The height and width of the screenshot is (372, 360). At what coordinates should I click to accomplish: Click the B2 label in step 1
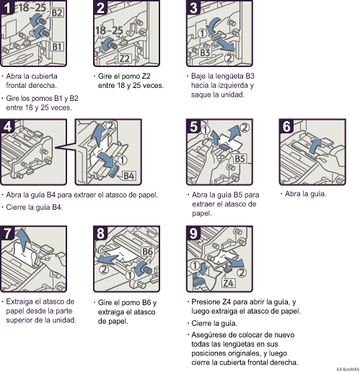(57, 13)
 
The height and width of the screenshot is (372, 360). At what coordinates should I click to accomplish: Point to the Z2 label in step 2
(125, 58)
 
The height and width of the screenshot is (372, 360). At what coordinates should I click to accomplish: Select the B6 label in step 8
(146, 252)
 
